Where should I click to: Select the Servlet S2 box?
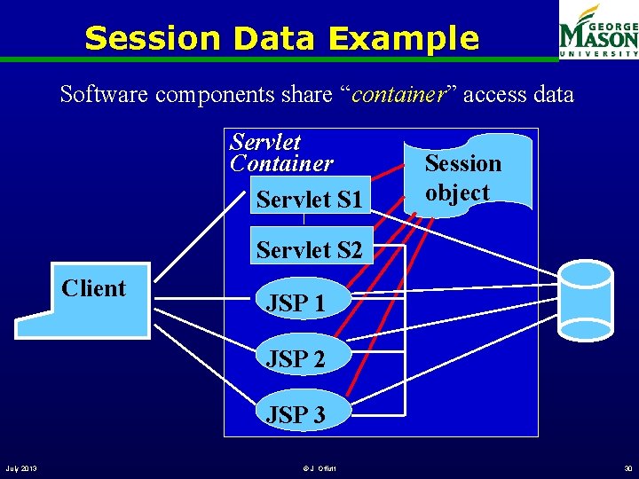click(309, 250)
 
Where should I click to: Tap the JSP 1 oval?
click(296, 302)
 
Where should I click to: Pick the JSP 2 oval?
click(296, 358)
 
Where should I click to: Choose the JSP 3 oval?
click(296, 413)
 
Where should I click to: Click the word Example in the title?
click(403, 39)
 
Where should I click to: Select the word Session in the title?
click(152, 39)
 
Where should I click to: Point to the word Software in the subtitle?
click(104, 94)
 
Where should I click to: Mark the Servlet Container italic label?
click(280, 153)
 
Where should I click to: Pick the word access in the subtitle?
click(493, 94)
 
